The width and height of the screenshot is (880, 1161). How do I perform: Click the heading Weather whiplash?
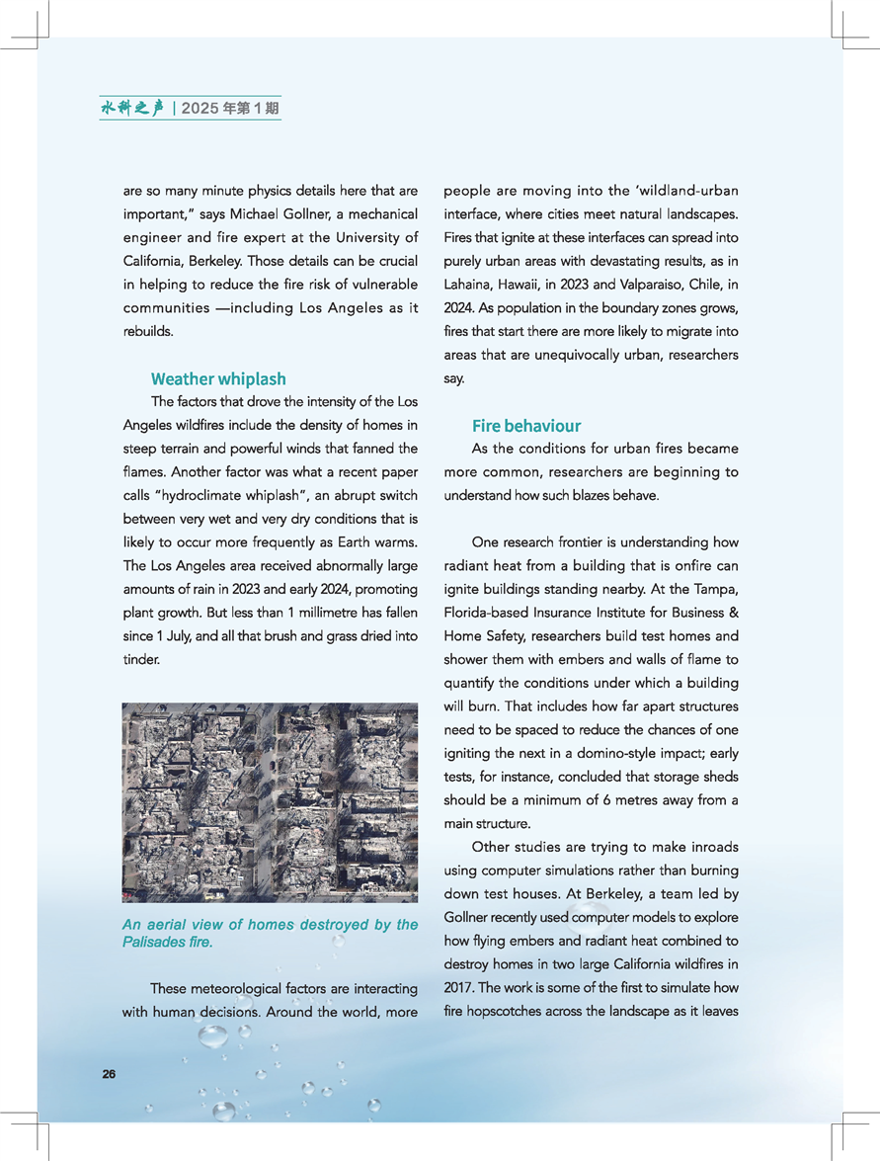218,378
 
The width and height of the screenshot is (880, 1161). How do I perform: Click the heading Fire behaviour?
525,426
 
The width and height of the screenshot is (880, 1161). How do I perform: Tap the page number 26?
109,1074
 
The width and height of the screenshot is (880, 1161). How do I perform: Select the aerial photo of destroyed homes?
270,802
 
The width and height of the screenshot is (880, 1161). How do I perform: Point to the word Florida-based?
486,613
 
